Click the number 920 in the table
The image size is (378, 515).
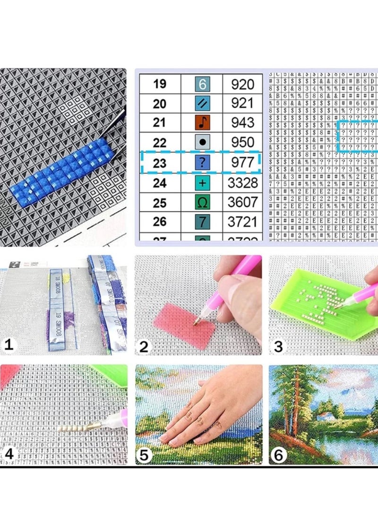click(x=242, y=85)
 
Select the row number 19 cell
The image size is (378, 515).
click(x=160, y=85)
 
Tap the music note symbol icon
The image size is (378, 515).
click(x=202, y=123)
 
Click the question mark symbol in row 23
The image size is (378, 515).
click(x=202, y=162)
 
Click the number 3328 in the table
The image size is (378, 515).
click(x=242, y=182)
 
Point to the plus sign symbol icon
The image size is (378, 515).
click(x=202, y=182)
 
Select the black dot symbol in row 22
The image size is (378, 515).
click(x=202, y=142)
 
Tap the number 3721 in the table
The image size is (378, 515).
click(x=242, y=221)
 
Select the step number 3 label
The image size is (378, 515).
click(x=278, y=346)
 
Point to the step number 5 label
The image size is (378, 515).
click(x=144, y=455)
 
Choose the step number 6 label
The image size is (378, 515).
click(x=278, y=455)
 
